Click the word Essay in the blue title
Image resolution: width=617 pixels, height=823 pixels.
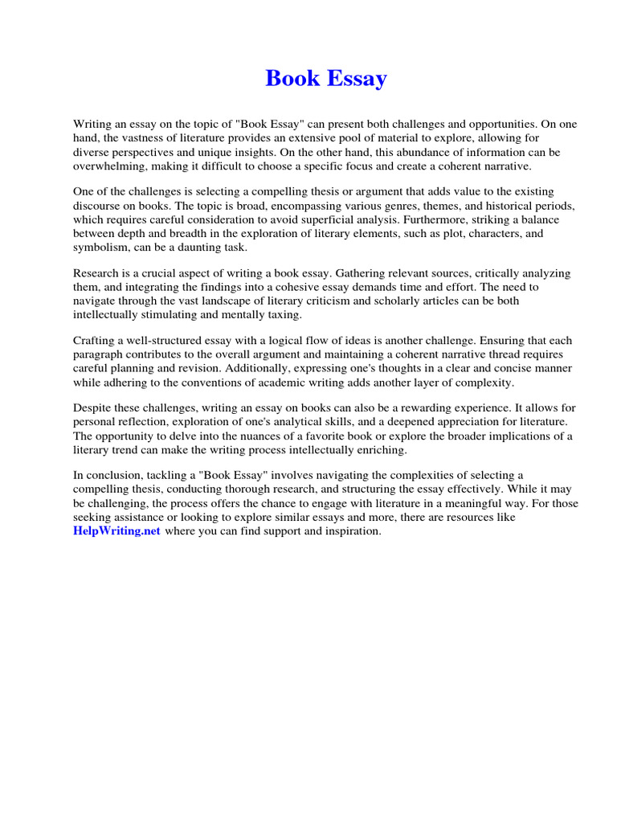[358, 79]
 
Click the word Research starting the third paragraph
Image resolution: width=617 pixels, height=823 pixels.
[98, 273]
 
